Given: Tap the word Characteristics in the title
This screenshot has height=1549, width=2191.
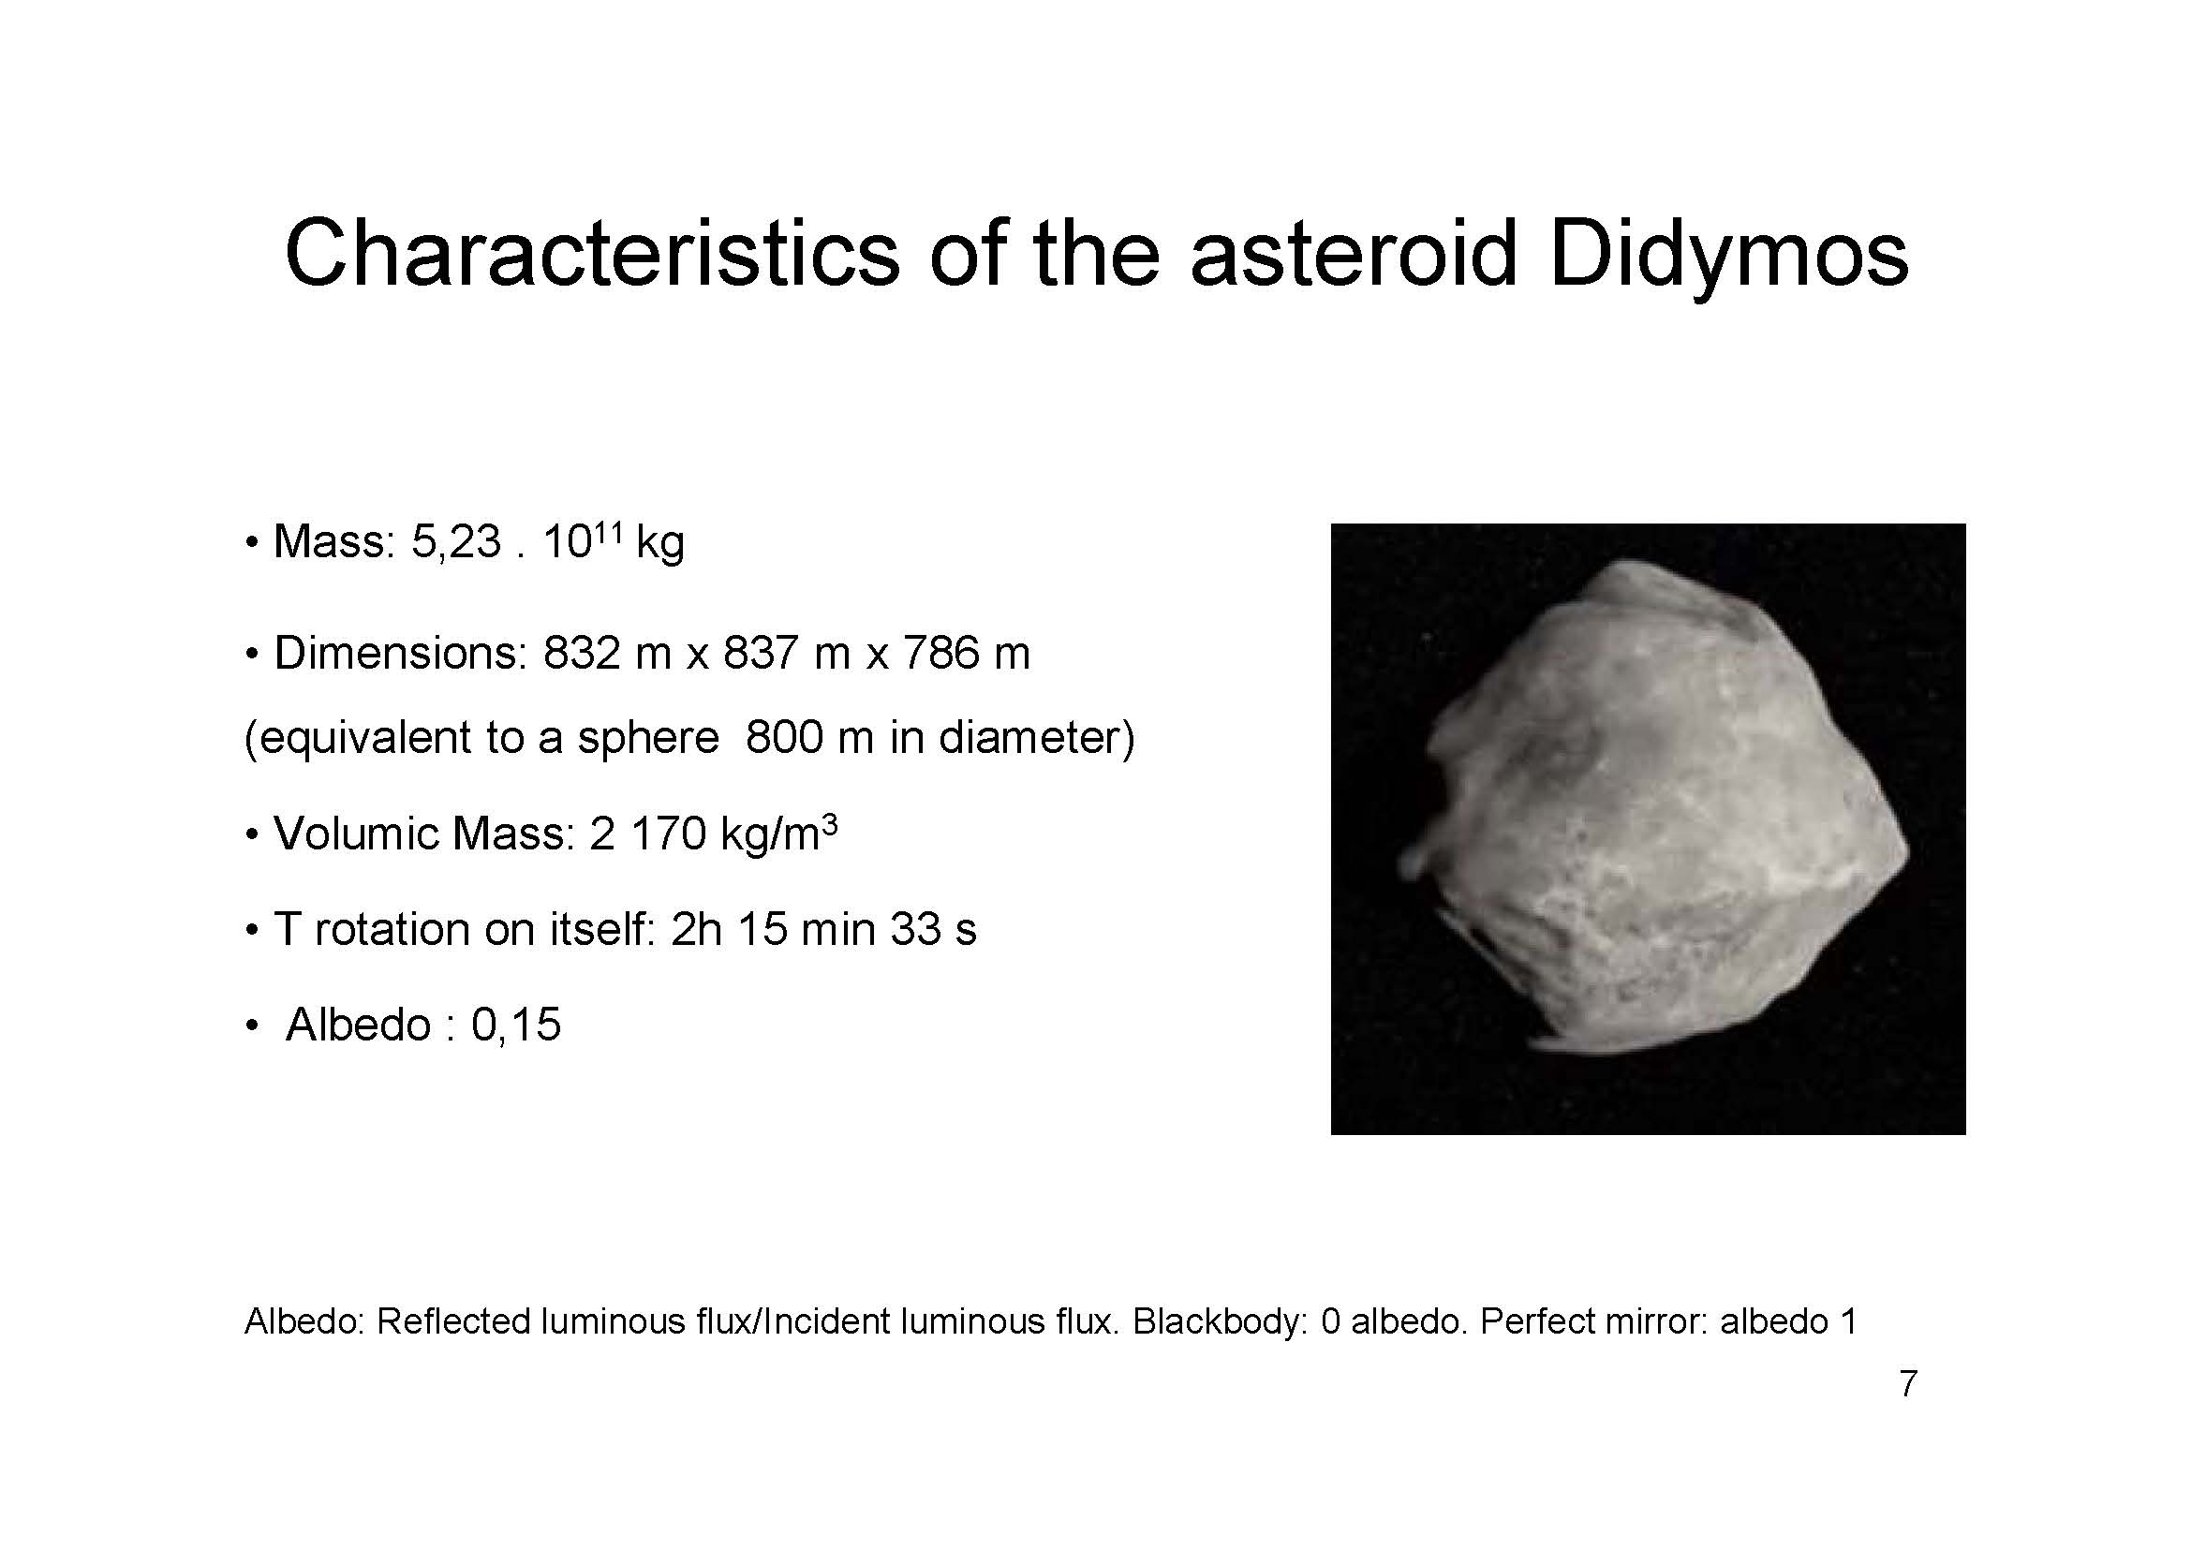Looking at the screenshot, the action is (592, 254).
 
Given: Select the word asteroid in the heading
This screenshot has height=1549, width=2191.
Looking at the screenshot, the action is (1355, 254).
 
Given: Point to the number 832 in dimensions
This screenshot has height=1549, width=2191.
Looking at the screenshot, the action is (582, 654).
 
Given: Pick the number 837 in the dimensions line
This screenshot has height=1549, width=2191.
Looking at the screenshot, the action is (762, 654).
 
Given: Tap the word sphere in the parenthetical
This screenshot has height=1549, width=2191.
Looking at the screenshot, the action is (648, 738).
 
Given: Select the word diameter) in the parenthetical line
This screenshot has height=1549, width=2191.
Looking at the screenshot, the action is (1037, 737).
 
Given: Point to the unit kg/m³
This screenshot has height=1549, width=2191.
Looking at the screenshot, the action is (779, 834).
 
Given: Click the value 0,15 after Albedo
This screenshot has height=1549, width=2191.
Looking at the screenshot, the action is (516, 1025).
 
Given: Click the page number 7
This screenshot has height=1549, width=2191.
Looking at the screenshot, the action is (1908, 1384).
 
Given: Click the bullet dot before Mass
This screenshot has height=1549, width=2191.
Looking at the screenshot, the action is (252, 543).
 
